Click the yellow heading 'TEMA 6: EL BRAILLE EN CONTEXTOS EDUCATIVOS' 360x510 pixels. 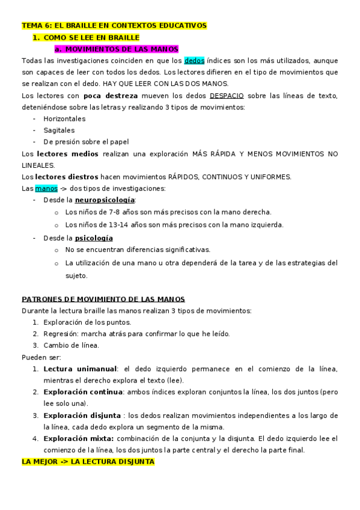114,26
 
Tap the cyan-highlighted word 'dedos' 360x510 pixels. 194,61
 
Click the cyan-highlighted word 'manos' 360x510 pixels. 46,188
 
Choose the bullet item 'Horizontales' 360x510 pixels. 64,118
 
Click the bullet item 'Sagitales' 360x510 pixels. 59,130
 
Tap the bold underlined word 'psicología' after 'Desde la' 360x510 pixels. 94,238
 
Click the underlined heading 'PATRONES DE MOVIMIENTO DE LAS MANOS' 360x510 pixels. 103,299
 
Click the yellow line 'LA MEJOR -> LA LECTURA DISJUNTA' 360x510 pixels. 88,462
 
